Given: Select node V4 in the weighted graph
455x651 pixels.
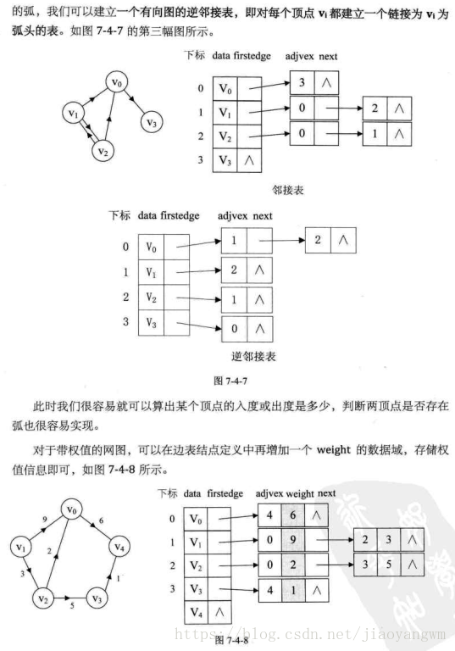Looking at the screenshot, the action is (x=122, y=547).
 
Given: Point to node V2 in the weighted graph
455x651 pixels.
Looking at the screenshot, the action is (x=42, y=599).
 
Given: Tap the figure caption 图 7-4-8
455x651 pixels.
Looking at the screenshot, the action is (x=231, y=638).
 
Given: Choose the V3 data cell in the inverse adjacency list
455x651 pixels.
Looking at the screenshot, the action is (x=152, y=322).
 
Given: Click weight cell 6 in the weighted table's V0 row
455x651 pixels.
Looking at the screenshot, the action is (x=293, y=515).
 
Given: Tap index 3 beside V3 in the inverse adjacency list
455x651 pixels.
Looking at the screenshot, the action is (x=125, y=321).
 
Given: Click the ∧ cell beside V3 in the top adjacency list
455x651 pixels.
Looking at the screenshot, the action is (x=249, y=160).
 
